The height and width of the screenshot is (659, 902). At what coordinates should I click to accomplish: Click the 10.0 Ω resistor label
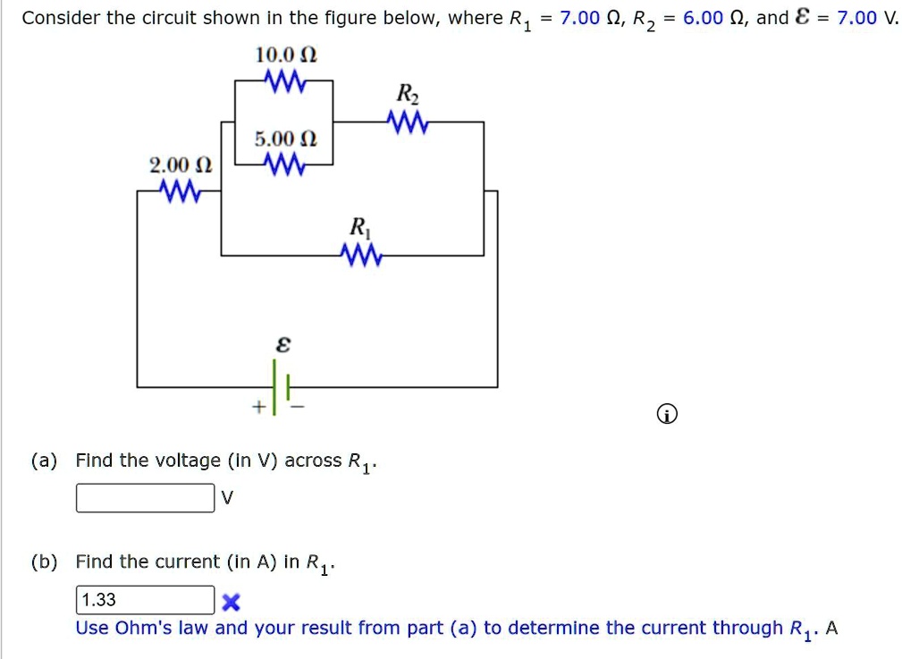(286, 55)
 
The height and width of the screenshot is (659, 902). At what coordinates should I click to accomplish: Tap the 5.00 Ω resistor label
(285, 139)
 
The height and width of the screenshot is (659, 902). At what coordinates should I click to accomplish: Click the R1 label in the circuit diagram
(359, 226)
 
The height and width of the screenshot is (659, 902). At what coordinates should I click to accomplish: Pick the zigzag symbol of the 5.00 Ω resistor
(286, 165)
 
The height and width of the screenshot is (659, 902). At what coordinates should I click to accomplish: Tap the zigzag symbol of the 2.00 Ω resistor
(180, 190)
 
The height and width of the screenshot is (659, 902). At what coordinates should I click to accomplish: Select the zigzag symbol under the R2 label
(408, 122)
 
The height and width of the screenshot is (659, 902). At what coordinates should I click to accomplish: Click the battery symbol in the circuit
(282, 387)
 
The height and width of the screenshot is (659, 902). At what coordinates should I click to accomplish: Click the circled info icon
(667, 415)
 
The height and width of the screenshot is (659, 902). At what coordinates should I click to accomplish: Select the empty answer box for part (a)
(145, 498)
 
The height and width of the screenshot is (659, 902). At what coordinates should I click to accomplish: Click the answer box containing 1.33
(145, 600)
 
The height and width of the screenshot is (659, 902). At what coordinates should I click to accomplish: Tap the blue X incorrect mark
(233, 601)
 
